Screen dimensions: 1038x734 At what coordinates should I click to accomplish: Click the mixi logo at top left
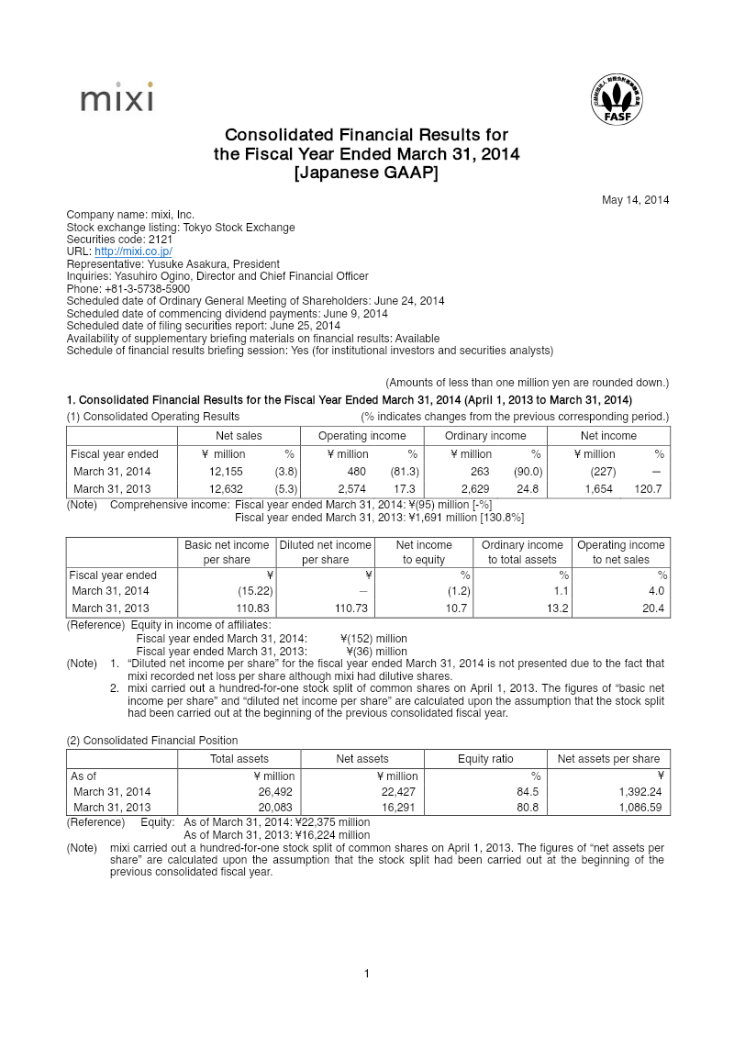117,98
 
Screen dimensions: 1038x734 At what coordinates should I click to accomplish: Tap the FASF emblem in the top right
617,102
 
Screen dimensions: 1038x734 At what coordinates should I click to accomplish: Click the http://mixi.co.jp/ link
133,251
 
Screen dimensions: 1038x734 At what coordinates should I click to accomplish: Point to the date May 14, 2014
635,200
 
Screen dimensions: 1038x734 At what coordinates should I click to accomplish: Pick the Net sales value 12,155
227,472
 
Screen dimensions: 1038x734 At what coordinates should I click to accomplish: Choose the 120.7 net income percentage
648,489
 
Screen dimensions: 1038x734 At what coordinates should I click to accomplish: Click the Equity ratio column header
485,759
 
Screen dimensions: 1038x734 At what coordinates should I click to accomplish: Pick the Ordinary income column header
485,436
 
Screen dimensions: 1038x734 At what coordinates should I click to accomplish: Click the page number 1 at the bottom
367,974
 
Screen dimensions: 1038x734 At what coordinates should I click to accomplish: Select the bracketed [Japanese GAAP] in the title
366,173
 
